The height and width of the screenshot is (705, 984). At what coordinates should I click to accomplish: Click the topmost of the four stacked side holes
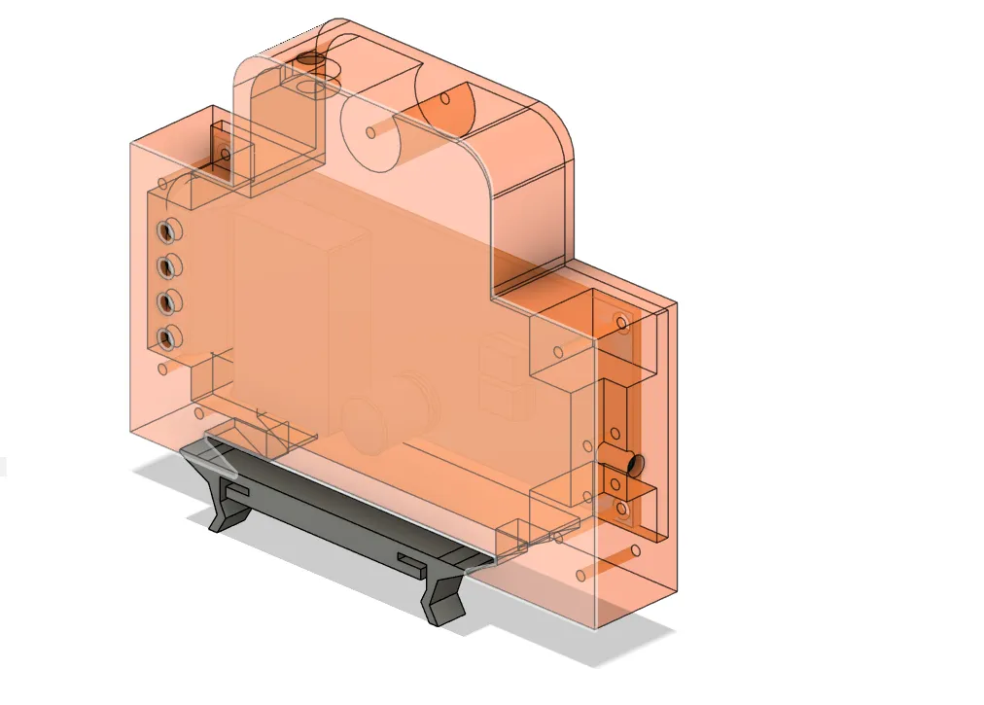pos(168,230)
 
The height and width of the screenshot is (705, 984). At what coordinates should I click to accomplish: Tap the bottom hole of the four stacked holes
pos(168,338)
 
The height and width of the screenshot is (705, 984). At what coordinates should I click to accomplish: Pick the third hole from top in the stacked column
pos(168,301)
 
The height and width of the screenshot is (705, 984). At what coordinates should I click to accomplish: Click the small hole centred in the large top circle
pos(371,130)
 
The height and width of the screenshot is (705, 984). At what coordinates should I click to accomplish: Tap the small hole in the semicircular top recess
pos(444,98)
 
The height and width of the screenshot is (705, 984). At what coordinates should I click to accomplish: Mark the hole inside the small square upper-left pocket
pos(224,153)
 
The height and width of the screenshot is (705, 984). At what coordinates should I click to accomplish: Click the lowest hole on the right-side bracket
pos(622,508)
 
